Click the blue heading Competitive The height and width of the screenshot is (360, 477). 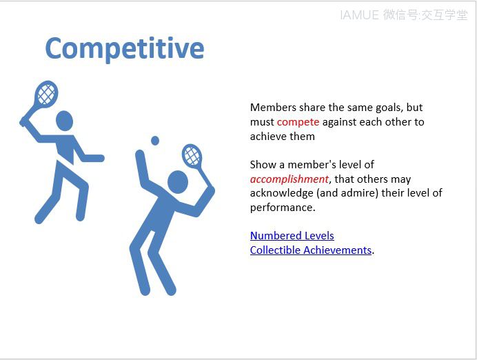125,49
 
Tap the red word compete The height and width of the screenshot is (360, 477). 298,122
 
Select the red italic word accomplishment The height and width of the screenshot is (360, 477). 290,179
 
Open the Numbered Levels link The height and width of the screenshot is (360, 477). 292,236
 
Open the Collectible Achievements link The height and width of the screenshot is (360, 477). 311,250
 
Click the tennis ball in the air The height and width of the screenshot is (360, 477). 155,141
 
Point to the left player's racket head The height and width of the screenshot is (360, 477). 46,94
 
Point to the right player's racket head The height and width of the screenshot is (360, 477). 192,155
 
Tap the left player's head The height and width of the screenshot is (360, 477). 65,121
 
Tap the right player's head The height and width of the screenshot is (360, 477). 178,182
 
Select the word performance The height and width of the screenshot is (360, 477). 283,208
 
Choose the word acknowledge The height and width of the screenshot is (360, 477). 282,193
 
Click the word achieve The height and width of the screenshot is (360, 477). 265,137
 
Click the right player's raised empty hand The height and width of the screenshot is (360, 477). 140,154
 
